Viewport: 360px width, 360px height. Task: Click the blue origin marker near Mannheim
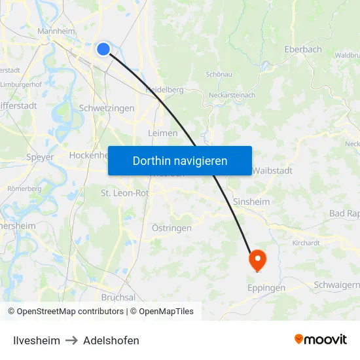pos(103,48)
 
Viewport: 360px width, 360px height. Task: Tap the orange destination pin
pos(257,260)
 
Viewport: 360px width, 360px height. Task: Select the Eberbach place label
pos(304,49)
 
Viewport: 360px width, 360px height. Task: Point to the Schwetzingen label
pos(106,109)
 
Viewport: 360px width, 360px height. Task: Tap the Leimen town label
pos(163,133)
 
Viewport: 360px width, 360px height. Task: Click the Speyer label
pos(40,157)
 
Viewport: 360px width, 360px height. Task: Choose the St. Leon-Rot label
pos(124,193)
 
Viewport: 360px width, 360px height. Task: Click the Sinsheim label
pos(251,202)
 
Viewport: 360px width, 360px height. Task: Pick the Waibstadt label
pos(272,170)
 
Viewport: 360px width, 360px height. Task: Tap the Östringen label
pos(171,228)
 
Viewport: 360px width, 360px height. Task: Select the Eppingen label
pos(266,287)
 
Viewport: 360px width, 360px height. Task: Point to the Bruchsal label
pos(118,297)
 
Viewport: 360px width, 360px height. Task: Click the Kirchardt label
pos(306,242)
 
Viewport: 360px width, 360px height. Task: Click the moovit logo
pos(320,340)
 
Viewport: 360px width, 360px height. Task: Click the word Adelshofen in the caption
pos(111,340)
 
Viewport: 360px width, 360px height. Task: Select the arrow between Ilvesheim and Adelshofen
pos(71,340)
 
